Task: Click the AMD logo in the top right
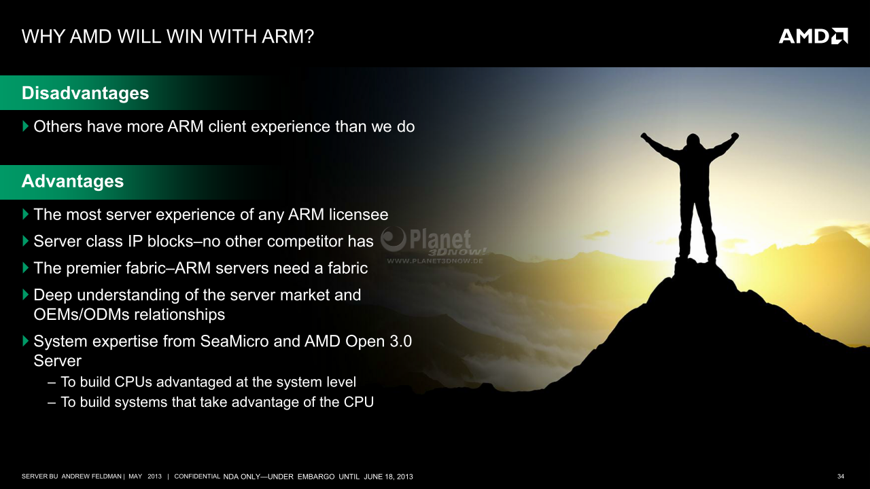[813, 36]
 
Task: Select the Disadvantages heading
[85, 93]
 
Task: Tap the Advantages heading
[73, 181]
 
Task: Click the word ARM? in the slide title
[288, 37]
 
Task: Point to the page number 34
[841, 476]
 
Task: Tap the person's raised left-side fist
[644, 137]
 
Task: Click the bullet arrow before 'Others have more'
[26, 126]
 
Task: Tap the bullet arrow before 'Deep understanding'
[26, 295]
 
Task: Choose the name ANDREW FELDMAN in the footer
[91, 476]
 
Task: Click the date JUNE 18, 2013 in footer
[388, 477]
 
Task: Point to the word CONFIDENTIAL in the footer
[197, 476]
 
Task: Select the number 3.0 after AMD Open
[400, 342]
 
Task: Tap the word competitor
[305, 242]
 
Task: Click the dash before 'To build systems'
[52, 403]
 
